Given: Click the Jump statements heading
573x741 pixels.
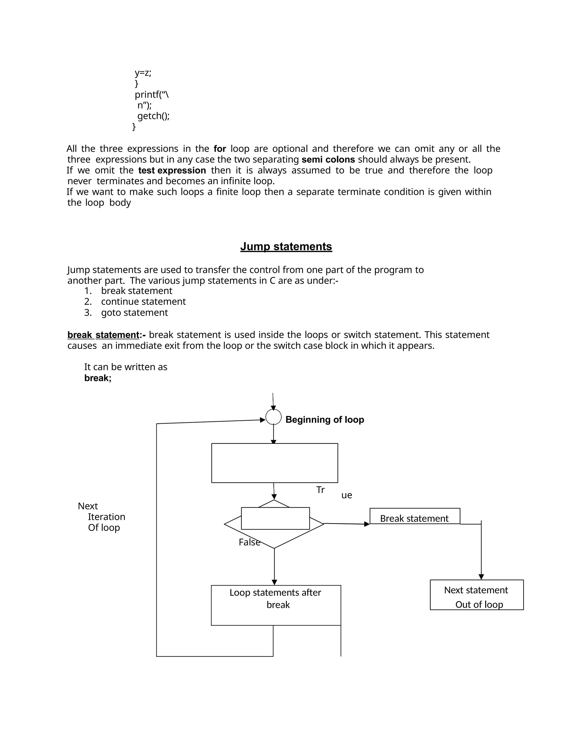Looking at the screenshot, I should click(x=286, y=246).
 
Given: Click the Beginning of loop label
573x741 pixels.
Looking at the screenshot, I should click(x=325, y=420).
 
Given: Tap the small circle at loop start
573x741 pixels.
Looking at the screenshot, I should click(x=273, y=417).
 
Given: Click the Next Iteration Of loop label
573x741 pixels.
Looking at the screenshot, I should click(x=102, y=517).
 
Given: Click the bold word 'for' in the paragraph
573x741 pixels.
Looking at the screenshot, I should click(x=220, y=148).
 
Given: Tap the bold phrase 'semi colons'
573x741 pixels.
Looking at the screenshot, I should click(x=328, y=159).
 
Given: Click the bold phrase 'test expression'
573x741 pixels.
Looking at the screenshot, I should click(x=172, y=170).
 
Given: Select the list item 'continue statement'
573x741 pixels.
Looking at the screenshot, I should click(x=143, y=302).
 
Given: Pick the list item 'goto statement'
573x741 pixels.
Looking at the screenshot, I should click(x=134, y=313).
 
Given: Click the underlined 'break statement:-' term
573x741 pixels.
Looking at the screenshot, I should click(x=106, y=335).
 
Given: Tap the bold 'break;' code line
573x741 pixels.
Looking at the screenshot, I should click(x=98, y=378).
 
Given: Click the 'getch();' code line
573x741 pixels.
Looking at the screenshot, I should click(x=153, y=116).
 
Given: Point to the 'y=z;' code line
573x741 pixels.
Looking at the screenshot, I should click(x=143, y=73).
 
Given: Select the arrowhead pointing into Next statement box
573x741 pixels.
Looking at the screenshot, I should click(x=481, y=577).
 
